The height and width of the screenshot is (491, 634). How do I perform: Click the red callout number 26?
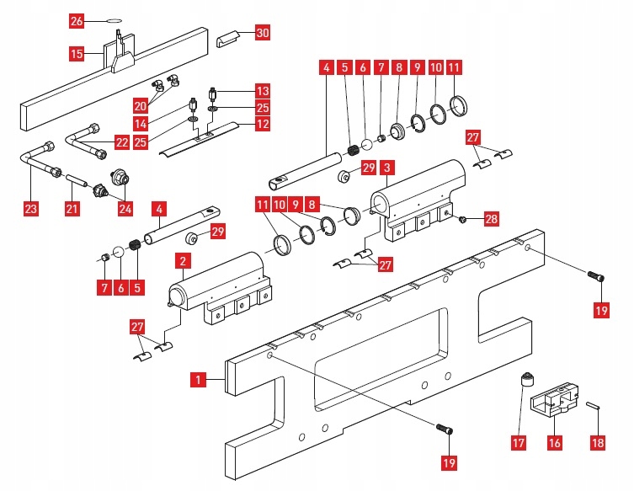[77, 20]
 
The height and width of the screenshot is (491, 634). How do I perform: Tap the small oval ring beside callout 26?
[114, 21]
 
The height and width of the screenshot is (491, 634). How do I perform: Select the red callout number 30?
[263, 32]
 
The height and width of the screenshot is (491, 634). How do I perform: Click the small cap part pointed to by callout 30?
[228, 40]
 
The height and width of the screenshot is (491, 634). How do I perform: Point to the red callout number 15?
[77, 53]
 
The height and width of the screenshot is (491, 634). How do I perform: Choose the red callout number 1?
[198, 380]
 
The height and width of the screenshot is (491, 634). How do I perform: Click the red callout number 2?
[184, 261]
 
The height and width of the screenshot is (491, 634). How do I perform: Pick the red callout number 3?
[388, 168]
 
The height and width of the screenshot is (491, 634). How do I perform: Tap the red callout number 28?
[491, 219]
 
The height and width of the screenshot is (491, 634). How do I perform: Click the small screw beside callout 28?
[462, 219]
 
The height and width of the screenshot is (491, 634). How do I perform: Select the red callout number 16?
[554, 442]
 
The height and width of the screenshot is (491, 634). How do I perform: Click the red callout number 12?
[263, 123]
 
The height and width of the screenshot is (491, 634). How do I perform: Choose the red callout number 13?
[263, 91]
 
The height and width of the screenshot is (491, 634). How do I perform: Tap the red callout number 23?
[30, 209]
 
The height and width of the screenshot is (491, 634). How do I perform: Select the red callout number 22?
[122, 142]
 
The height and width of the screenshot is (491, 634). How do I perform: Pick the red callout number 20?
[141, 106]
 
